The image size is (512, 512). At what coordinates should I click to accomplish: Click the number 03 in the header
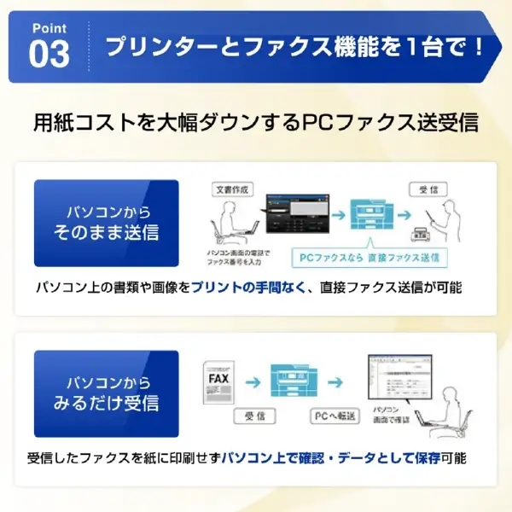49,53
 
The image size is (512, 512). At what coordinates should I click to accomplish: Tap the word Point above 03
49,28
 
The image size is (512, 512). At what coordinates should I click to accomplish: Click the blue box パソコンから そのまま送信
106,222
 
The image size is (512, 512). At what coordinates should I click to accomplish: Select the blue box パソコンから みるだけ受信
106,392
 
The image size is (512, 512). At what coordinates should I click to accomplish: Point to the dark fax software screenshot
295,219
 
